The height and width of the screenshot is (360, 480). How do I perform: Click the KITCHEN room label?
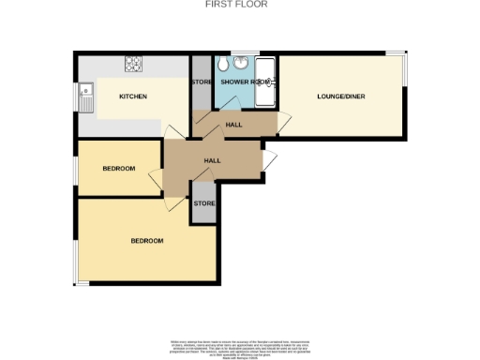131,97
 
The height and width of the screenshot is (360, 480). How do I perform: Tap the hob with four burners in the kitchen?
133,65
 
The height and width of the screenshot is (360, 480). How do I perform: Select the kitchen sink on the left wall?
86,96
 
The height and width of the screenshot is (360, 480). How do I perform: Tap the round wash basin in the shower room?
240,64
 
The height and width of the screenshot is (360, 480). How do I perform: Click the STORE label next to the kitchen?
202,82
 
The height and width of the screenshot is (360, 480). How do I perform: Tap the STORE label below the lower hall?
203,203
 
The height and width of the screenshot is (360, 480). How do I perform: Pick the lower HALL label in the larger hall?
212,161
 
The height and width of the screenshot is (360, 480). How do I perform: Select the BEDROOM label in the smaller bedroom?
118,169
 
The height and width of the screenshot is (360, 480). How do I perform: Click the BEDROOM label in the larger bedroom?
146,241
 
